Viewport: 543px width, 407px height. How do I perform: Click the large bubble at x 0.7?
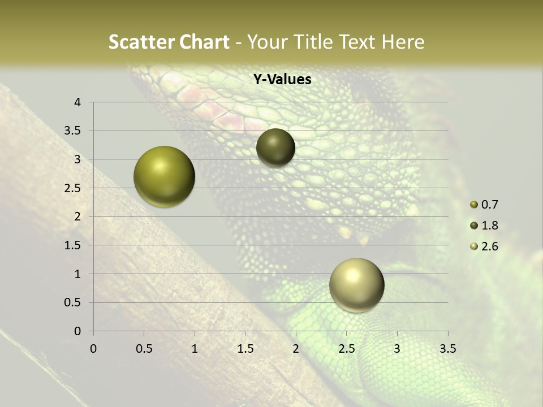click(164, 176)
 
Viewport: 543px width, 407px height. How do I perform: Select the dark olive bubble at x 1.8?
click(275, 148)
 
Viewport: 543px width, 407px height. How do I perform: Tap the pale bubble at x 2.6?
click(356, 285)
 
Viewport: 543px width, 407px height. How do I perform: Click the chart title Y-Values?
click(282, 80)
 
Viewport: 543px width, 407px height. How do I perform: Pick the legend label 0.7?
click(489, 205)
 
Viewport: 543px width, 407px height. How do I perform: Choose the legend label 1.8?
click(489, 226)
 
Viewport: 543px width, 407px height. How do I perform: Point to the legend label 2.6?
click(489, 246)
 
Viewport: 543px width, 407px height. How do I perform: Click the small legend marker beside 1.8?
click(474, 226)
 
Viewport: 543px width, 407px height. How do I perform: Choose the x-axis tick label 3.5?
click(447, 349)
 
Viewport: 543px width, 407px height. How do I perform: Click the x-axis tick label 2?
click(296, 349)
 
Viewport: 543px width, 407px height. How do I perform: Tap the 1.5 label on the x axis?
click(245, 349)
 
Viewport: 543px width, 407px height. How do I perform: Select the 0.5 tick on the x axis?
click(144, 349)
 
